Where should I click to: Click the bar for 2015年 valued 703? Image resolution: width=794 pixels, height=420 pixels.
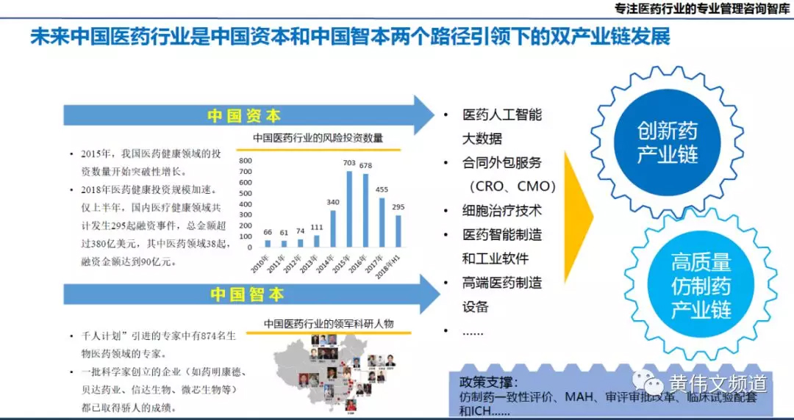(349, 209)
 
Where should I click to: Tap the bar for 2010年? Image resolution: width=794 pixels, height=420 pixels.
(267, 244)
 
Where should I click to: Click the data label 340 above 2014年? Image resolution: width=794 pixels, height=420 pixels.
(333, 203)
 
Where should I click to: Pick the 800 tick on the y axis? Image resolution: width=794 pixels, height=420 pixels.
(245, 160)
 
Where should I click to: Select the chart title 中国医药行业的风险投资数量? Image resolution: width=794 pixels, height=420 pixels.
(318, 137)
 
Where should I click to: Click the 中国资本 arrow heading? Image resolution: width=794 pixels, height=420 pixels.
(246, 116)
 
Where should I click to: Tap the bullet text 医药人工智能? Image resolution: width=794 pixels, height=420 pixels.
(502, 115)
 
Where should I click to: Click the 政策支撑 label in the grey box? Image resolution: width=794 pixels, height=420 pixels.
(488, 383)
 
